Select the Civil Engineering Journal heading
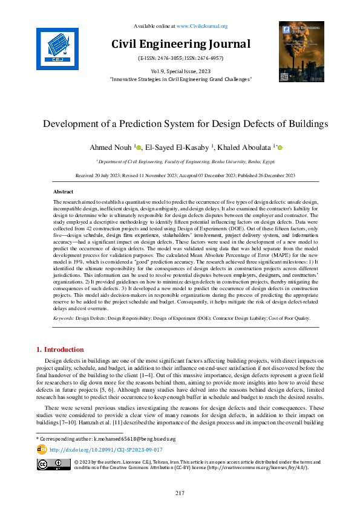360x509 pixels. pyautogui.click(x=180, y=44)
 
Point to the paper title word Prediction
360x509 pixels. pyautogui.click(x=162, y=124)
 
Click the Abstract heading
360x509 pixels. pyautogui.click(x=64, y=191)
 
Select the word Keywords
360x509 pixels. pyautogui.click(x=63, y=318)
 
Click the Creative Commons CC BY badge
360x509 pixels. pyautogui.click(x=53, y=464)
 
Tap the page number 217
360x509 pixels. pyautogui.click(x=180, y=493)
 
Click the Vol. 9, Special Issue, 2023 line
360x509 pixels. pyautogui.click(x=180, y=71)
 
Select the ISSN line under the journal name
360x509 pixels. pyautogui.click(x=180, y=58)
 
